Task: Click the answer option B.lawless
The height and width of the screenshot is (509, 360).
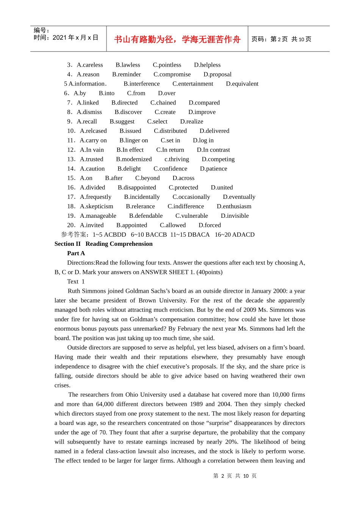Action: (x=128, y=65)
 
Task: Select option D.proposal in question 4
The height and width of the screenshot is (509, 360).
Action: (x=217, y=74)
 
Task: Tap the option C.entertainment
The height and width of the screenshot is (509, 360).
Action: (x=193, y=84)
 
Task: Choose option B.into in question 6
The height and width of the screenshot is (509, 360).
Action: (x=106, y=93)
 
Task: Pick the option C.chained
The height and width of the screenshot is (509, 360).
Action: (x=163, y=103)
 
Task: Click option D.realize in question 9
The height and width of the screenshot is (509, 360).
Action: (x=191, y=122)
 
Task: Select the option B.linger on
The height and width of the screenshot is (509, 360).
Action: (x=133, y=141)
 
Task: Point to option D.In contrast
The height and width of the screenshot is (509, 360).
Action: (x=213, y=150)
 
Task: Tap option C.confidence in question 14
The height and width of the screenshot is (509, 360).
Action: (x=170, y=169)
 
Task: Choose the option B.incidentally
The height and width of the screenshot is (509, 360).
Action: (x=142, y=197)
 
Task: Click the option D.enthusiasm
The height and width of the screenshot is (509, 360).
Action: (x=234, y=206)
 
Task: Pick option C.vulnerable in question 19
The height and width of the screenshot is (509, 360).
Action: (x=191, y=216)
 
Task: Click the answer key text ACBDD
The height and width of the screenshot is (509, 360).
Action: (x=115, y=235)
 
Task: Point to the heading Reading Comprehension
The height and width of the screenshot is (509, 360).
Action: (x=119, y=244)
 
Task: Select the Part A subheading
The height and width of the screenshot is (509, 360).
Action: (x=76, y=253)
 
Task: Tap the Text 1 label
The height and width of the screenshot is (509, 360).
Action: (x=76, y=282)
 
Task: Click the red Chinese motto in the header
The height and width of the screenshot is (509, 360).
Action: (x=177, y=39)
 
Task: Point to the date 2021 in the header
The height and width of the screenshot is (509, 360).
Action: (x=59, y=37)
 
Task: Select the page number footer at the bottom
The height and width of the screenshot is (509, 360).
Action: (x=235, y=476)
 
